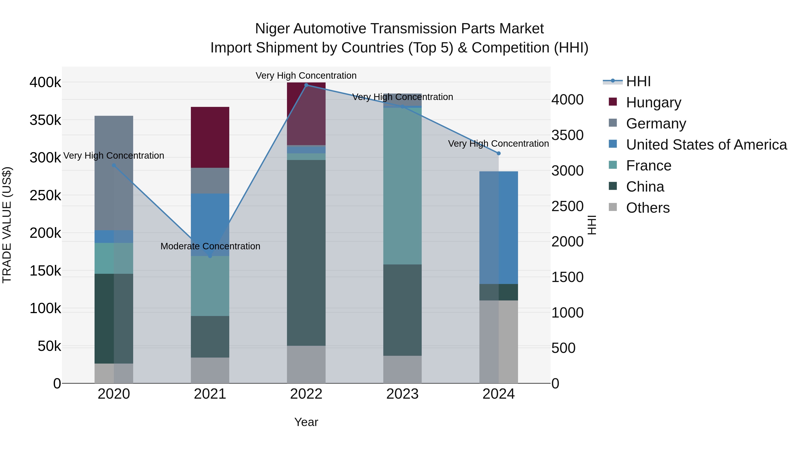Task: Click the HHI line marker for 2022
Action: pyautogui.click(x=306, y=85)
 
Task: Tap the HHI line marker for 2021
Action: pyautogui.click(x=210, y=256)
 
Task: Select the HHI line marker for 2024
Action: pyautogui.click(x=498, y=153)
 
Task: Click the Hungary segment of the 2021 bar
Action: pyautogui.click(x=210, y=137)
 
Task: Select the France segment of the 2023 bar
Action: pyautogui.click(x=402, y=186)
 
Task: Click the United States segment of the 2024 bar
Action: pyautogui.click(x=498, y=227)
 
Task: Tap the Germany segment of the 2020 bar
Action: pyautogui.click(x=114, y=173)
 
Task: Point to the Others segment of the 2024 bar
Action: pyautogui.click(x=498, y=342)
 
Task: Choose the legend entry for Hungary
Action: pyautogui.click(x=653, y=102)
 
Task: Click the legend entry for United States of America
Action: pyautogui.click(x=706, y=145)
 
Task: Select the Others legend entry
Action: pyautogui.click(x=648, y=208)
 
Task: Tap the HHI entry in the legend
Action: pyautogui.click(x=638, y=81)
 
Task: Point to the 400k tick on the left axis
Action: pyautogui.click(x=45, y=83)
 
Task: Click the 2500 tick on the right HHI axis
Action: pyautogui.click(x=567, y=206)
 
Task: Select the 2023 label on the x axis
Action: pyautogui.click(x=402, y=394)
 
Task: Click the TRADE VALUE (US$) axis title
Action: pyautogui.click(x=7, y=225)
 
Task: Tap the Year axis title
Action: pyautogui.click(x=306, y=422)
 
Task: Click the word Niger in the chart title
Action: pyautogui.click(x=272, y=29)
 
